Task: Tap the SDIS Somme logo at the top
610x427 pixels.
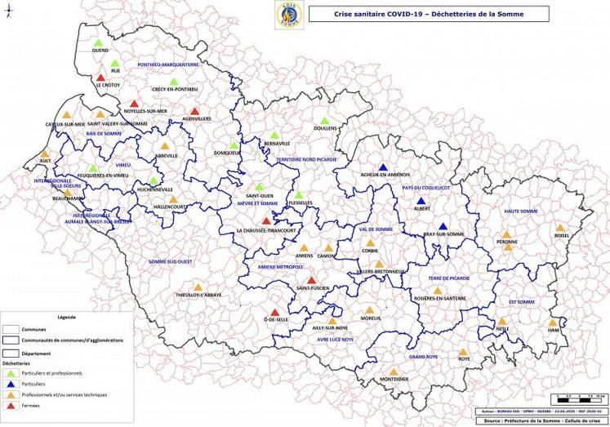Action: [288, 13]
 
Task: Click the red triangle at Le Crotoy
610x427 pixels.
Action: [101, 78]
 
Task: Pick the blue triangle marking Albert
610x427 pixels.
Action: [421, 201]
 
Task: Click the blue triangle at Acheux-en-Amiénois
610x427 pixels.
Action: [382, 167]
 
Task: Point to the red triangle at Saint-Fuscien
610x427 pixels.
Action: [311, 281]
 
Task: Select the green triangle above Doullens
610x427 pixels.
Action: [324, 121]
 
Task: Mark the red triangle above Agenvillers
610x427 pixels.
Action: [194, 112]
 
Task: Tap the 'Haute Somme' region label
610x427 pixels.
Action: [523, 211]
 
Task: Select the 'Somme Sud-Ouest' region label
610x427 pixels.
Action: [170, 261]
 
